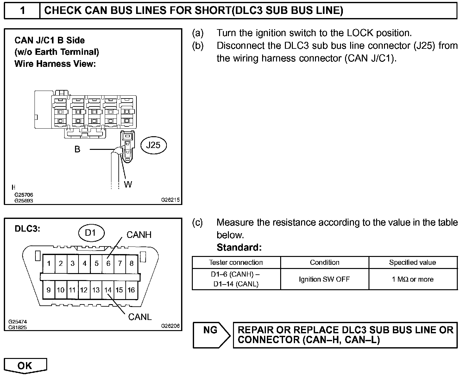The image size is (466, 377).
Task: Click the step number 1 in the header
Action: (22, 10)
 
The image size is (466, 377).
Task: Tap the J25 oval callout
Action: (153, 145)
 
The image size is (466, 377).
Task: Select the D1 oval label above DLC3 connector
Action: (91, 233)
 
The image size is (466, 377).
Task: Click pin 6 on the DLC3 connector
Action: (108, 264)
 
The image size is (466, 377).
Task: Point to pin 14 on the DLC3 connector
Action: (108, 290)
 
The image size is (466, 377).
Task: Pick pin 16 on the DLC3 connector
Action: (131, 290)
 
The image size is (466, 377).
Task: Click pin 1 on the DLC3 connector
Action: (49, 264)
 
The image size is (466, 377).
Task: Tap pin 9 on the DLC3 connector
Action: (48, 290)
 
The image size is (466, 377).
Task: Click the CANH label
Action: (139, 235)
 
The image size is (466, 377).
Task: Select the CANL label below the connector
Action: (140, 316)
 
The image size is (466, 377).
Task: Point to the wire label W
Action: (128, 184)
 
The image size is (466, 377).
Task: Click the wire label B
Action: (77, 149)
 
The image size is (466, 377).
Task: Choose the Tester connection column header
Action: (236, 263)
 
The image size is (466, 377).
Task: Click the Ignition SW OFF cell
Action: (324, 279)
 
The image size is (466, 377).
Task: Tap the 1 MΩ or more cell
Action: (412, 279)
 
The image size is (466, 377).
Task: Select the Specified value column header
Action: (412, 263)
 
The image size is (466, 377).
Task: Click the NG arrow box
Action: (211, 335)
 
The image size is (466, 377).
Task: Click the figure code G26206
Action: (170, 326)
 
